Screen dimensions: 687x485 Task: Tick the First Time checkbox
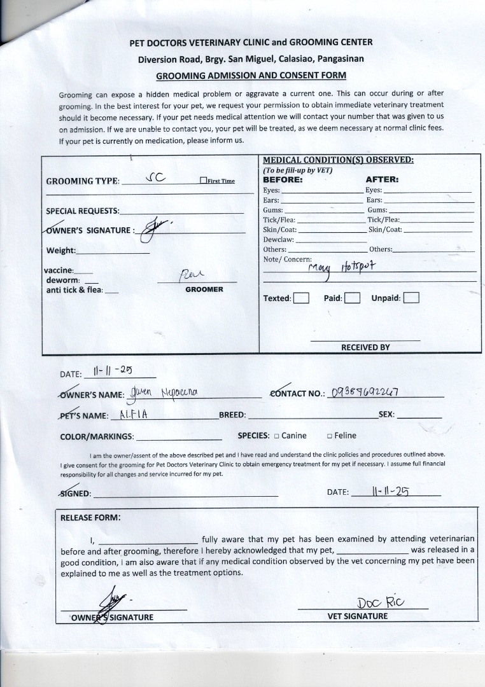(203, 181)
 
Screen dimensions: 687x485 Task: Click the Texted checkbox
(302, 298)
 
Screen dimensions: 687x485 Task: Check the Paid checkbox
(353, 298)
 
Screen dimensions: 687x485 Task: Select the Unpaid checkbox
(411, 298)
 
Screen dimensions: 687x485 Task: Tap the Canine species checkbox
(277, 436)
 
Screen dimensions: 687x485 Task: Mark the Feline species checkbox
(330, 436)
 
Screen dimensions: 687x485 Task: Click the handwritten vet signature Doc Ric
(382, 602)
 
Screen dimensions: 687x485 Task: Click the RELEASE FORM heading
(90, 517)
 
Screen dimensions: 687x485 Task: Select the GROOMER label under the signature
(204, 289)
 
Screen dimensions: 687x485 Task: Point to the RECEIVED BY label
(365, 347)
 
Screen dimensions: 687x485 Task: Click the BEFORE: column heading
(283, 179)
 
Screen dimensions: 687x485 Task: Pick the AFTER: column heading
(382, 179)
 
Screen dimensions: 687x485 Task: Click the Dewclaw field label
(278, 240)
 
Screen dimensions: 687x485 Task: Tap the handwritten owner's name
(164, 392)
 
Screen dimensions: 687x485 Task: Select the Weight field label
(61, 250)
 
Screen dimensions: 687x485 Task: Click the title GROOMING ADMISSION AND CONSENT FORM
(251, 75)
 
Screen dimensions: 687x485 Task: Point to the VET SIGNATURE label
(357, 616)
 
